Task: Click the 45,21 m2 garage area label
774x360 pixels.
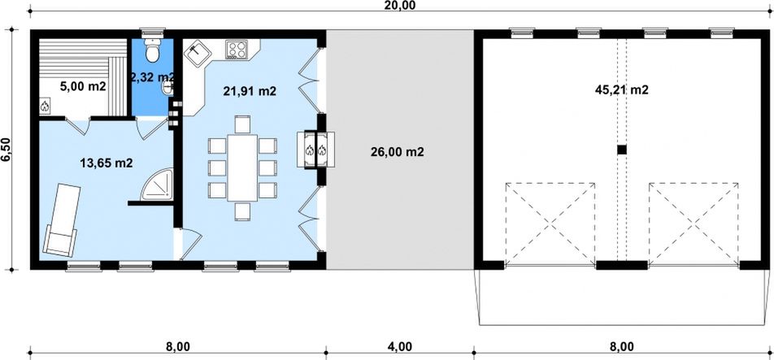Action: click(x=621, y=90)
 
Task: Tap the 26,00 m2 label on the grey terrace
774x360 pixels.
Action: click(x=398, y=151)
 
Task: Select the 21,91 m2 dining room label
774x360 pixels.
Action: click(x=250, y=91)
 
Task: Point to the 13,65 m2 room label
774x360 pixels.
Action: click(x=107, y=163)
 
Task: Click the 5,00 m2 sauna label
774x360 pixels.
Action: click(x=82, y=85)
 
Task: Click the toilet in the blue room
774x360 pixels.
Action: click(x=150, y=50)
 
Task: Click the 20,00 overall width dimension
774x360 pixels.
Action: click(x=399, y=6)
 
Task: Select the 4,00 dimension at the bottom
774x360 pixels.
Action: click(x=398, y=346)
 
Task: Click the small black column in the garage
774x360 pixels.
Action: click(x=621, y=150)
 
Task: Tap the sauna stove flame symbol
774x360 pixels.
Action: click(x=45, y=106)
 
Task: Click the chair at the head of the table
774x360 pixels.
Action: click(x=242, y=124)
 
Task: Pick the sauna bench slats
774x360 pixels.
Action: click(x=81, y=56)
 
